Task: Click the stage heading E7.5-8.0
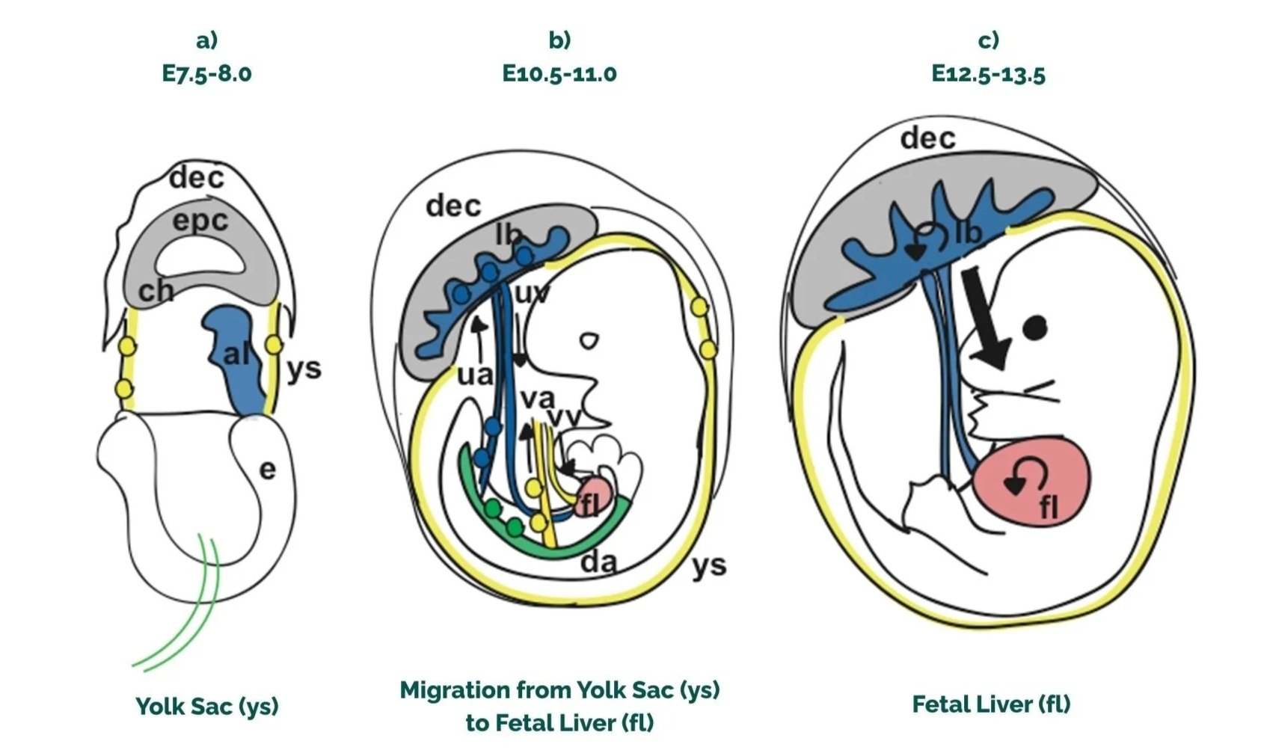coord(206,73)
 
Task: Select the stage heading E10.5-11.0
coord(559,73)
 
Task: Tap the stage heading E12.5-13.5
coord(988,73)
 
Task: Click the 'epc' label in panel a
coord(200,221)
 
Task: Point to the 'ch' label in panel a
coord(156,290)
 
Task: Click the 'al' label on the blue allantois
coord(236,354)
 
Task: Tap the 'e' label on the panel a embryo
coord(267,470)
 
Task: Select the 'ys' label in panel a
coord(304,368)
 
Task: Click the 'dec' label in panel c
coord(927,138)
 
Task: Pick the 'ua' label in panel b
coord(474,374)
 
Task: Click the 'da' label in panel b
coord(599,562)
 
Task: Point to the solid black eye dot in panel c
coord(1035,327)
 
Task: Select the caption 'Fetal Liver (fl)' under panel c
coord(990,704)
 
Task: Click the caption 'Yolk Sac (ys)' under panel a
coord(206,705)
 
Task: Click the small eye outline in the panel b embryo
coord(590,341)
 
